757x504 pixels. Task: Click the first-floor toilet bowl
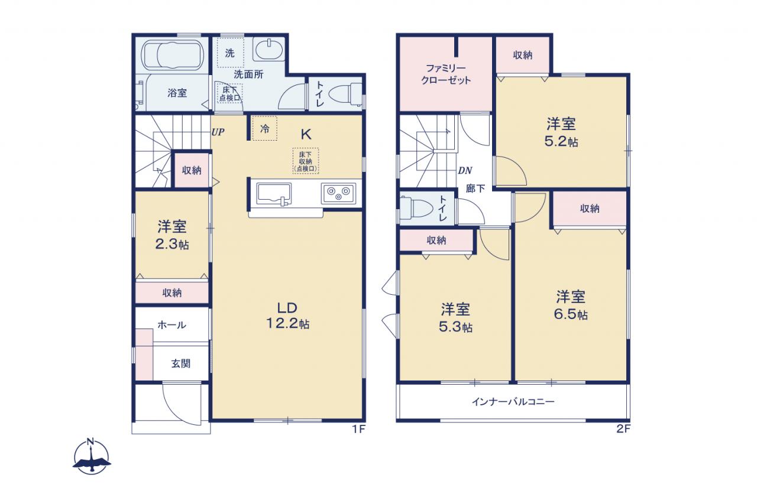pos(345,94)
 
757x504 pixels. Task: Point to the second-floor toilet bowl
pos(416,208)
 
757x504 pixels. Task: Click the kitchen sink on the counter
pos(274,194)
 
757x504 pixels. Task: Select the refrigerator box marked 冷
pos(264,128)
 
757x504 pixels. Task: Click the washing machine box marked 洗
pos(230,53)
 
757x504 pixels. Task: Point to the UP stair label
pos(218,132)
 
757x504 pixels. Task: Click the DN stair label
pos(465,171)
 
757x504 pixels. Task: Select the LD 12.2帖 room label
pos(288,316)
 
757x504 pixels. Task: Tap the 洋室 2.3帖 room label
pos(172,235)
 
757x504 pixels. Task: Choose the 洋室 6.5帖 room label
pos(571,305)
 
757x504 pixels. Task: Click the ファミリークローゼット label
pos(446,74)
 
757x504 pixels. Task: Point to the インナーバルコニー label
pos(513,402)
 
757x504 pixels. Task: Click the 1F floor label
pos(359,429)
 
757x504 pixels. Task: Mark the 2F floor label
pos(623,429)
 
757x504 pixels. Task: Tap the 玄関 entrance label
pos(181,363)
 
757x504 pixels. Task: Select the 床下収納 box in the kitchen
pos(306,161)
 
